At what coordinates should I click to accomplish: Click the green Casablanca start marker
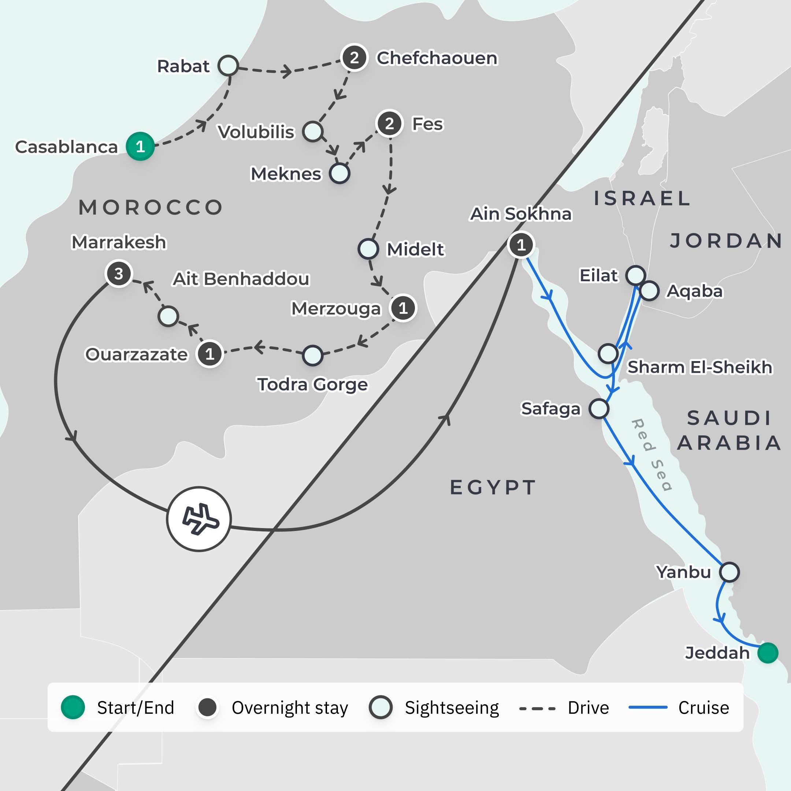pyautogui.click(x=140, y=146)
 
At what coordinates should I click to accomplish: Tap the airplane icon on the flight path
pyautogui.click(x=199, y=519)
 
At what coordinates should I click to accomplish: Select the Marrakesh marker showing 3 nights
pyautogui.click(x=119, y=274)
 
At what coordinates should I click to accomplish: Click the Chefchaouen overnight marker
pyautogui.click(x=354, y=58)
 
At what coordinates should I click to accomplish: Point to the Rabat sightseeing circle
pyautogui.click(x=228, y=66)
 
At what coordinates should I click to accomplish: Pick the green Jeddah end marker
pyautogui.click(x=767, y=653)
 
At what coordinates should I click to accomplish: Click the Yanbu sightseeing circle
pyautogui.click(x=729, y=572)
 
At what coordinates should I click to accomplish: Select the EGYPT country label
pyautogui.click(x=493, y=487)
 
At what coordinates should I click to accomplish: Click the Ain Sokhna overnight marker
pyautogui.click(x=521, y=245)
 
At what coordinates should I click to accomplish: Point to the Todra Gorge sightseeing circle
pyautogui.click(x=312, y=355)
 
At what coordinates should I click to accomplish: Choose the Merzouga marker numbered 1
pyautogui.click(x=403, y=308)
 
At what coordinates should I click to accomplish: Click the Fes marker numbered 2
pyautogui.click(x=389, y=123)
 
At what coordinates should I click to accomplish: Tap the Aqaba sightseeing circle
pyautogui.click(x=649, y=291)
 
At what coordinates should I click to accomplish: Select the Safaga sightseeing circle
pyautogui.click(x=599, y=408)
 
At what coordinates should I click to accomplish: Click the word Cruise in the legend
pyautogui.click(x=703, y=708)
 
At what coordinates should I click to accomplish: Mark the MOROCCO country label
pyautogui.click(x=151, y=208)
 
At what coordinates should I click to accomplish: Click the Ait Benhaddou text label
pyautogui.click(x=241, y=279)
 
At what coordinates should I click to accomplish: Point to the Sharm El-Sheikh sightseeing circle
pyautogui.click(x=608, y=353)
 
